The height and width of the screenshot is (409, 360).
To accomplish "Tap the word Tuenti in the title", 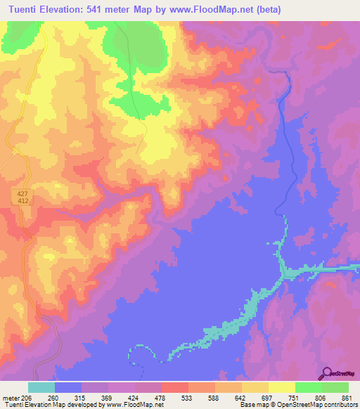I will (x=25, y=10).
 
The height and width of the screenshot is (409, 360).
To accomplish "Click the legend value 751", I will (x=295, y=397).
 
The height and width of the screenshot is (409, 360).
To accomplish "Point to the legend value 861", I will (x=349, y=397).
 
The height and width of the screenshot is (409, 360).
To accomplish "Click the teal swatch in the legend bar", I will (x=41, y=387).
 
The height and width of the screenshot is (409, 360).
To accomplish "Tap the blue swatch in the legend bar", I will (x=68, y=387).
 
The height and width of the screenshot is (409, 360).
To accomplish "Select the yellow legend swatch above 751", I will (x=282, y=387).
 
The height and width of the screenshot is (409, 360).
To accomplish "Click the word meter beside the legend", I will (x=10, y=397).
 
